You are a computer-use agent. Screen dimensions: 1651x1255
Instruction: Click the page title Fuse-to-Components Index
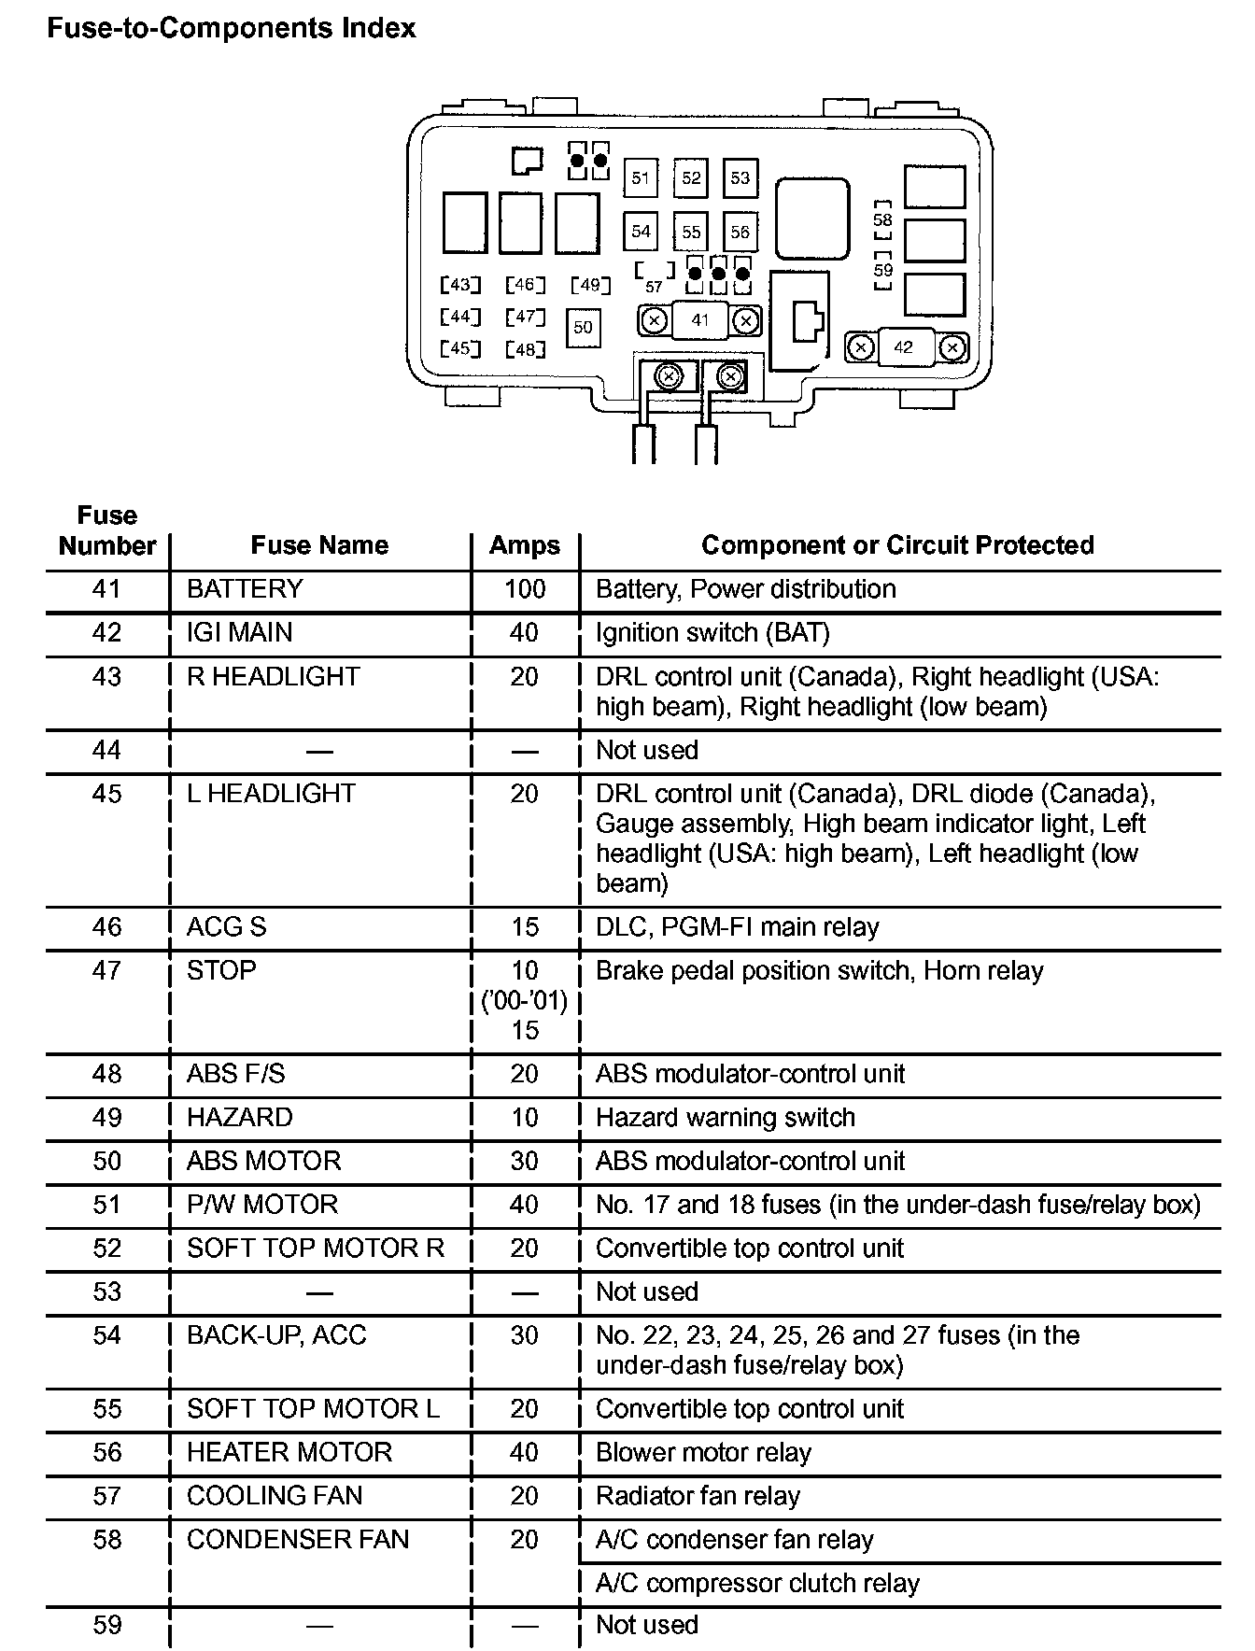tap(231, 29)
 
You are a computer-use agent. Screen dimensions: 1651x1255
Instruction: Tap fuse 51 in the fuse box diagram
tap(641, 177)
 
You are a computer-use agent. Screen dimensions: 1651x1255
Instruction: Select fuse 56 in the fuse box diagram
tap(740, 232)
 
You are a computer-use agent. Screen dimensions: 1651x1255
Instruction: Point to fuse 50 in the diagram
tap(583, 327)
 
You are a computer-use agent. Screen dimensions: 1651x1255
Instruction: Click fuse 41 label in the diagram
tap(700, 320)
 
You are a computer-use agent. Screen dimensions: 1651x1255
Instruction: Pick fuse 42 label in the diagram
tap(903, 347)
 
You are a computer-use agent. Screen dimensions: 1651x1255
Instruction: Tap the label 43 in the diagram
tap(460, 284)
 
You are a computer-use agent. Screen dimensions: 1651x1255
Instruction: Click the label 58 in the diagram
tap(882, 220)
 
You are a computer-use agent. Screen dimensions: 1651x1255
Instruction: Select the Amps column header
tap(525, 545)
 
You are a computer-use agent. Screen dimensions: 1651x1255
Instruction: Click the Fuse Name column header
tap(319, 545)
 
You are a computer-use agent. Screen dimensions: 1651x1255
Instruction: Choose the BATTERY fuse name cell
tap(245, 589)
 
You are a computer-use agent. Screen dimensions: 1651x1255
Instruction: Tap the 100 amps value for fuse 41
tap(525, 589)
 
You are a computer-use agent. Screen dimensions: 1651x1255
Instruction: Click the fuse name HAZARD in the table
tap(240, 1118)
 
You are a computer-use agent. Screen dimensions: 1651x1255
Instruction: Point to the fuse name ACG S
tap(227, 927)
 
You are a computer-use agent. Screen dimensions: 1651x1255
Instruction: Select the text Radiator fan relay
tap(698, 1496)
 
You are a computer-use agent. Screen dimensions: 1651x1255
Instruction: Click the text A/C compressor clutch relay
tap(757, 1583)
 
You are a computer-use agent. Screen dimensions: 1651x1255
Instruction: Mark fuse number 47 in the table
tap(107, 971)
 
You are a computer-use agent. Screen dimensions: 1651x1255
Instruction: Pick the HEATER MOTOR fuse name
tap(289, 1452)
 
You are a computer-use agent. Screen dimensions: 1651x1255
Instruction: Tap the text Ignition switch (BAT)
tap(712, 633)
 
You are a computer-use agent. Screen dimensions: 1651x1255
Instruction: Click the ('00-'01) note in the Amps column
tap(525, 1001)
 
